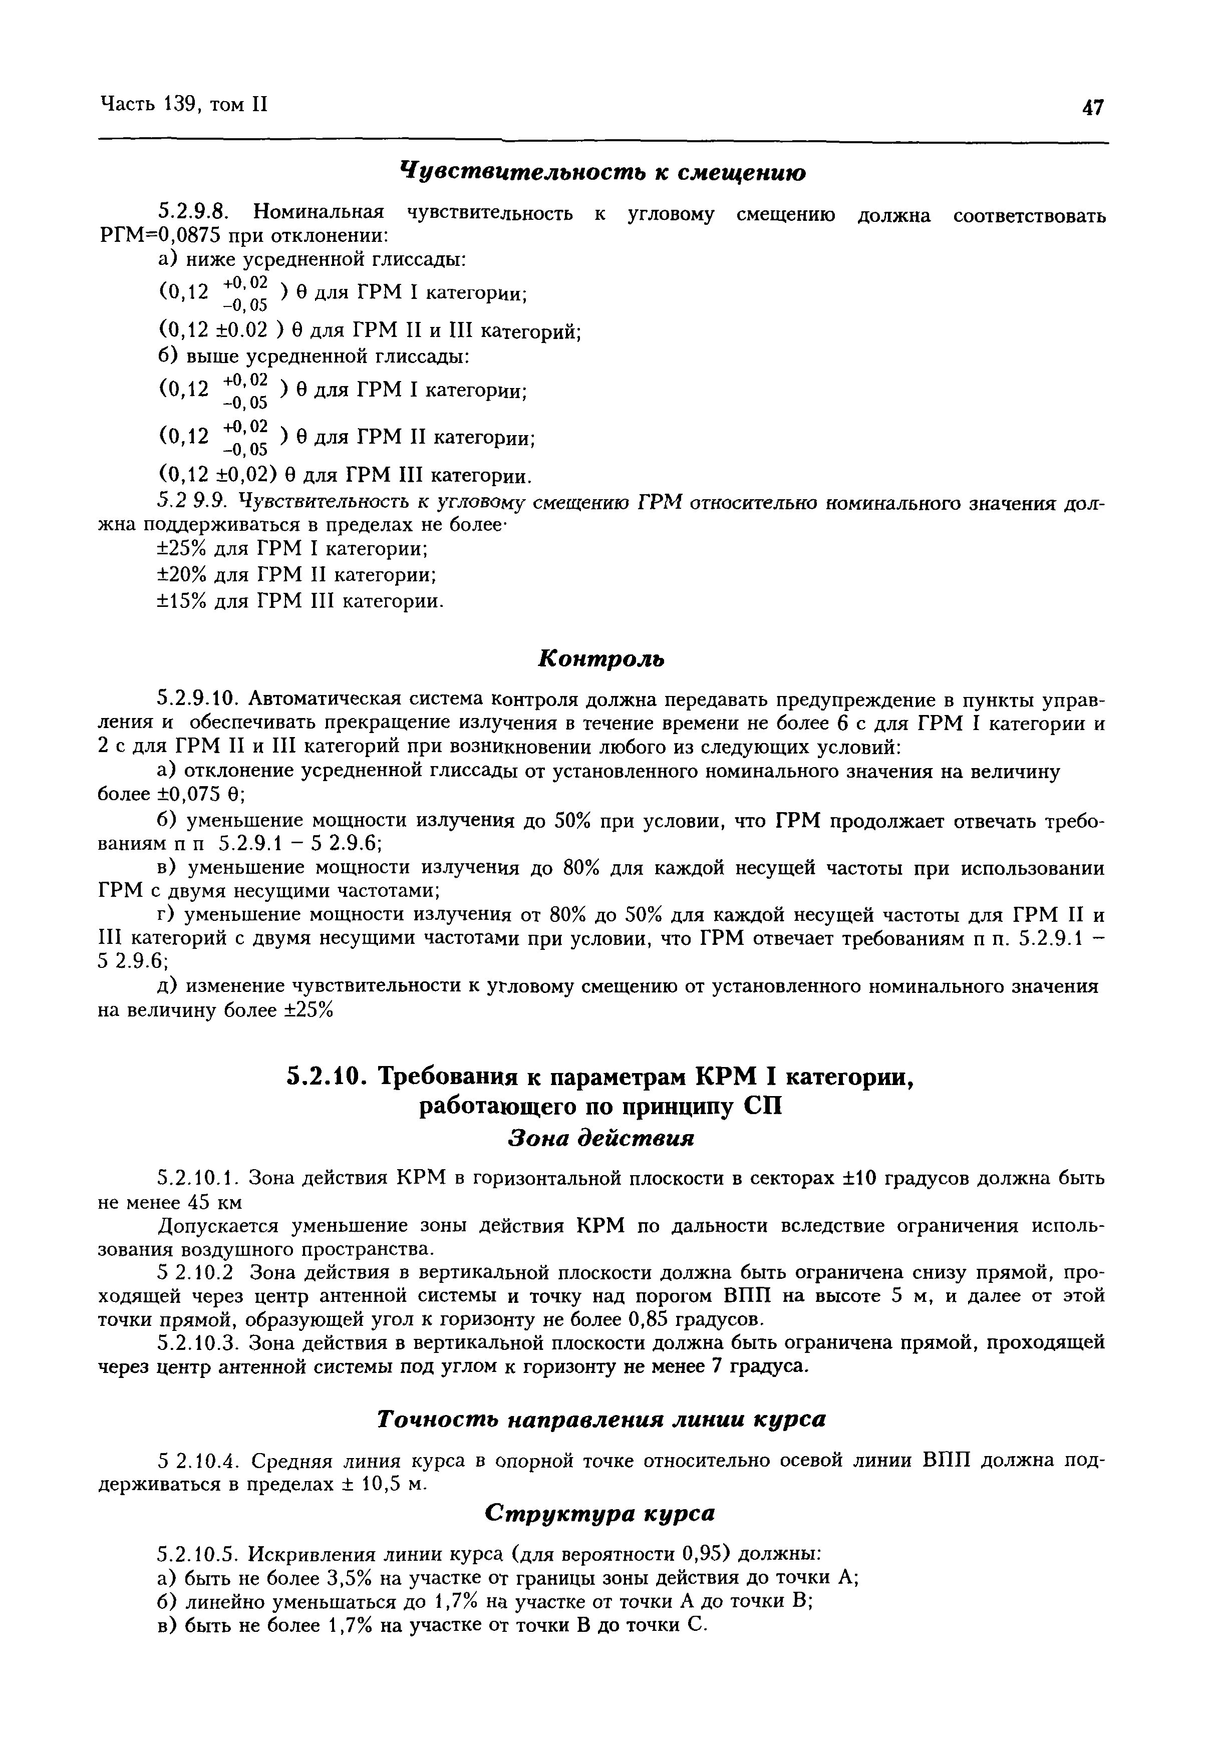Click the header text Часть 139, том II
(183, 105)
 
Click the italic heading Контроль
(601, 658)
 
